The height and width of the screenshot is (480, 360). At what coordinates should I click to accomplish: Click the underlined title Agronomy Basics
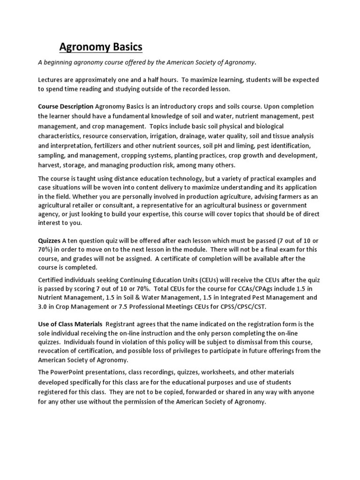[x=101, y=47]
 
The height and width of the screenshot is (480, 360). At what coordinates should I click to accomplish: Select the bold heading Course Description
[x=66, y=106]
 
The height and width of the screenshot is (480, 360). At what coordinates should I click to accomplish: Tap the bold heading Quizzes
[x=49, y=240]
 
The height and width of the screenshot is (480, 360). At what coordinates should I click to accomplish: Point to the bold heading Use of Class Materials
[x=70, y=324]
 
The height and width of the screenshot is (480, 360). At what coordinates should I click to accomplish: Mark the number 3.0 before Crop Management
[x=43, y=307]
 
